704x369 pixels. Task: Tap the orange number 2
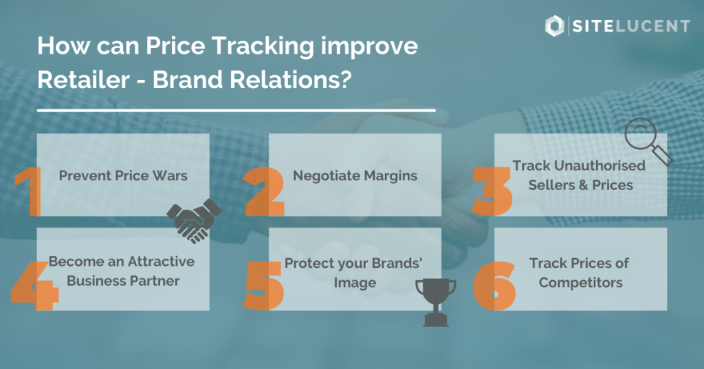pos(264,192)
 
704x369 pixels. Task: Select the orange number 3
pos(492,192)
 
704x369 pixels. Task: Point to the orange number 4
pos(35,286)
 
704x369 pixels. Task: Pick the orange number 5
pos(264,286)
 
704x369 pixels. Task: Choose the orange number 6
pos(494,286)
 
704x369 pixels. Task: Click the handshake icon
pos(194,221)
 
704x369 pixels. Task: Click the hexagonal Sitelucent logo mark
pos(555,25)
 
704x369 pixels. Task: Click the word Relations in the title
pos(252,80)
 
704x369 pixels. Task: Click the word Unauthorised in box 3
pos(599,165)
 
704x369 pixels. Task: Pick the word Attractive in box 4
pos(161,262)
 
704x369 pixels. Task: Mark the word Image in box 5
pos(355,283)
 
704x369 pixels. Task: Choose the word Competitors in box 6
pos(580,283)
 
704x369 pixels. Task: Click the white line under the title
pos(236,110)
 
